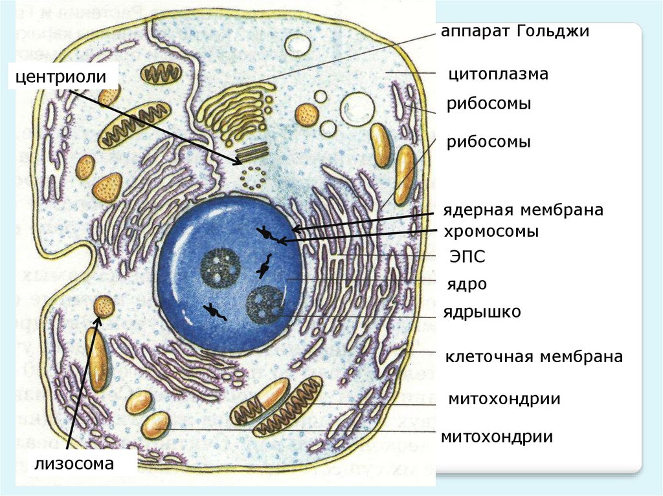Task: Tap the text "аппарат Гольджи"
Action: [515, 32]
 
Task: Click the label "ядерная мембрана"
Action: [524, 211]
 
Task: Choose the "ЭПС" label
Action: [467, 257]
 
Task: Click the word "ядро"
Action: [466, 285]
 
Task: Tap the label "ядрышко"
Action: [482, 312]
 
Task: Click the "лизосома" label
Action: [74, 463]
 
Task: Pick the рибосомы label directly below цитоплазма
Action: [489, 103]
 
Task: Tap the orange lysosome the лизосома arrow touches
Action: [104, 306]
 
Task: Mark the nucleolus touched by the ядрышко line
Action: [265, 305]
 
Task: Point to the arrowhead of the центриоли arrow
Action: [239, 161]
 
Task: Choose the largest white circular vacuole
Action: [355, 109]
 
